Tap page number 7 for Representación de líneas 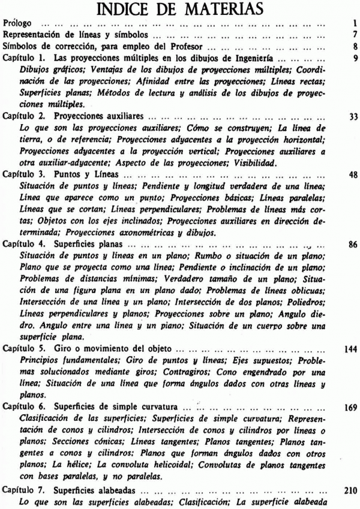point(355,35)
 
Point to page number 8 point(355,46)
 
